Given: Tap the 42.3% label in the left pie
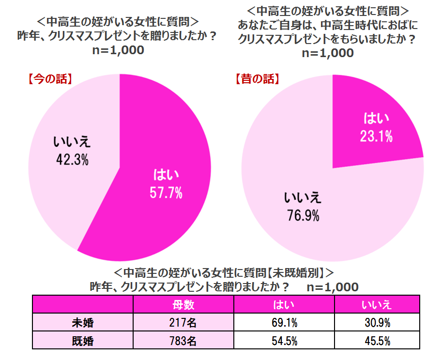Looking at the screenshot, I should coord(71,161).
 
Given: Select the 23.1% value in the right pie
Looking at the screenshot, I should coord(376,137).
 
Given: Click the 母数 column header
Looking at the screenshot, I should coord(183,304).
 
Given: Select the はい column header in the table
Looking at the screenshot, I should coord(284,304).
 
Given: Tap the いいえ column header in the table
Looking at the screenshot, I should coord(376,304).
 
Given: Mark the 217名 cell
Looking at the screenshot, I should coord(183,323).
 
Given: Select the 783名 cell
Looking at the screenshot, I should coord(183,341).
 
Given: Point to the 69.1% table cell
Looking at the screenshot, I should coord(284,323).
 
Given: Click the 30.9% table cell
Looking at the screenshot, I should coord(376,323).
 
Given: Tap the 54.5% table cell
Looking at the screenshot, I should coord(284,341).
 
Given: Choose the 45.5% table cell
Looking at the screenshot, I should coord(376,341).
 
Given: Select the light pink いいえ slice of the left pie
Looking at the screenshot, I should coord(63,194).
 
